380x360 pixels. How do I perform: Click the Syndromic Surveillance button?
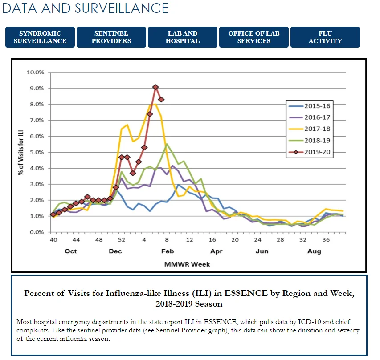pyautogui.click(x=40, y=37)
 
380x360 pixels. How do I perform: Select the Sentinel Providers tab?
pyautogui.click(x=111, y=37)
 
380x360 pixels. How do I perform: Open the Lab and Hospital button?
pyautogui.click(x=183, y=37)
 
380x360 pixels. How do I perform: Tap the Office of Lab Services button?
pyautogui.click(x=254, y=37)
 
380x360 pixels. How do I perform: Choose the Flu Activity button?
pyautogui.click(x=325, y=37)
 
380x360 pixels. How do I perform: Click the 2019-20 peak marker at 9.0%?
pyautogui.click(x=155, y=87)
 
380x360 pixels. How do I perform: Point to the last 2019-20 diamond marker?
pyautogui.click(x=161, y=100)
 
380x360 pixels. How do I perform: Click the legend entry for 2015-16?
pyautogui.click(x=309, y=106)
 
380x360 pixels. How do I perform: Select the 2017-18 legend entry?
pyautogui.click(x=309, y=129)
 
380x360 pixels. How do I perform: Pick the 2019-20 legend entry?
pyautogui.click(x=309, y=152)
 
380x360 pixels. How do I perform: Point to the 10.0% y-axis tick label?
pyautogui.click(x=35, y=73)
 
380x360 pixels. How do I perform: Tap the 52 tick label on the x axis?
pyautogui.click(x=122, y=240)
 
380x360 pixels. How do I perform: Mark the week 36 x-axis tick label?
pyautogui.click(x=326, y=240)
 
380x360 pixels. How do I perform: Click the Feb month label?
pyautogui.click(x=168, y=251)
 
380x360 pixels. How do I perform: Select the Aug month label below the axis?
pyautogui.click(x=314, y=251)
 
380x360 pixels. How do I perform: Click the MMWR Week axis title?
pyautogui.click(x=187, y=264)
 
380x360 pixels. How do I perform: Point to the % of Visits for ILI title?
pyautogui.click(x=21, y=153)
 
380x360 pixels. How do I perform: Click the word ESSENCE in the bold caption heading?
pyautogui.click(x=246, y=293)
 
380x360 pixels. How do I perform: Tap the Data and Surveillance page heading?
pyautogui.click(x=85, y=8)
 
